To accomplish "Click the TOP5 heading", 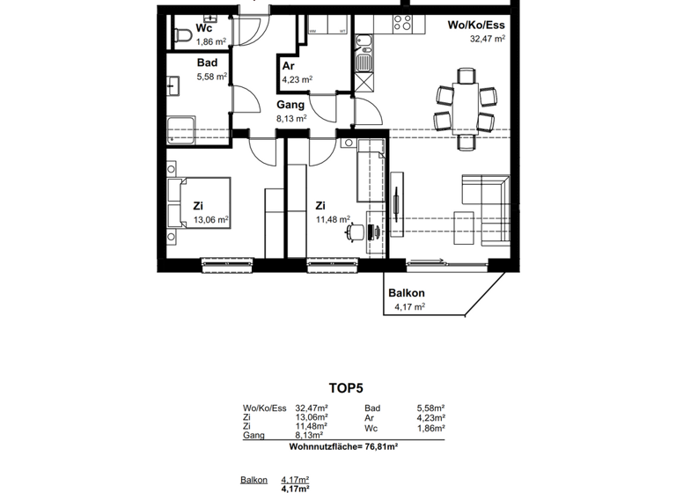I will click(x=346, y=386).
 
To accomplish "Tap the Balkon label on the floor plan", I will click(x=406, y=293).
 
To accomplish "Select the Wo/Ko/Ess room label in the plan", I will click(x=476, y=25).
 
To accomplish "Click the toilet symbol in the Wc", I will click(x=183, y=34).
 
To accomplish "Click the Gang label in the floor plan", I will click(x=290, y=105).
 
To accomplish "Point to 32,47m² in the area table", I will click(x=312, y=408).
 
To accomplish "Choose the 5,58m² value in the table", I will click(x=430, y=408).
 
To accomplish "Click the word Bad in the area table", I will click(x=372, y=408).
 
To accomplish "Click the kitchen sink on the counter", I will click(x=362, y=63).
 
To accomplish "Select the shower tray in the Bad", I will click(x=180, y=128).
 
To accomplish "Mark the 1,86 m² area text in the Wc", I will click(x=209, y=41).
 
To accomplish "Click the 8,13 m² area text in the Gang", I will click(x=290, y=118).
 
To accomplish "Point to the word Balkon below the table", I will click(x=254, y=480).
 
